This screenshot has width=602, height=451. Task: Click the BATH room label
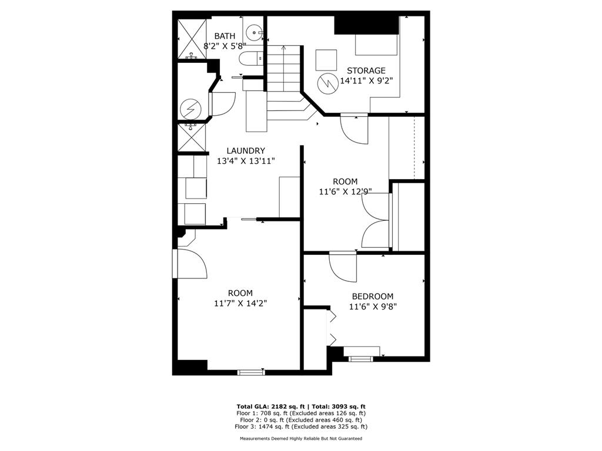click(225, 36)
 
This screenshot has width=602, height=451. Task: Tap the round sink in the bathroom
click(253, 30)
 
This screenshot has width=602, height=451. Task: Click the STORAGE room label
click(366, 70)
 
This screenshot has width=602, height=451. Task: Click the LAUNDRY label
click(246, 150)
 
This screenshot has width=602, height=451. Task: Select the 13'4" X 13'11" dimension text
click(246, 160)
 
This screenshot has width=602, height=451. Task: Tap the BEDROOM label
click(372, 297)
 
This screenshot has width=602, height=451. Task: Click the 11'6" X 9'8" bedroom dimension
click(373, 307)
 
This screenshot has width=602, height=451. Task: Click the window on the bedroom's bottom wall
click(361, 358)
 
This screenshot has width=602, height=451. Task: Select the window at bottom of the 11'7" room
click(251, 372)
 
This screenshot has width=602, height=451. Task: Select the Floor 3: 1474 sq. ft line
click(301, 426)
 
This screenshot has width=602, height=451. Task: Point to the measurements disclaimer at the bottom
click(301, 439)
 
